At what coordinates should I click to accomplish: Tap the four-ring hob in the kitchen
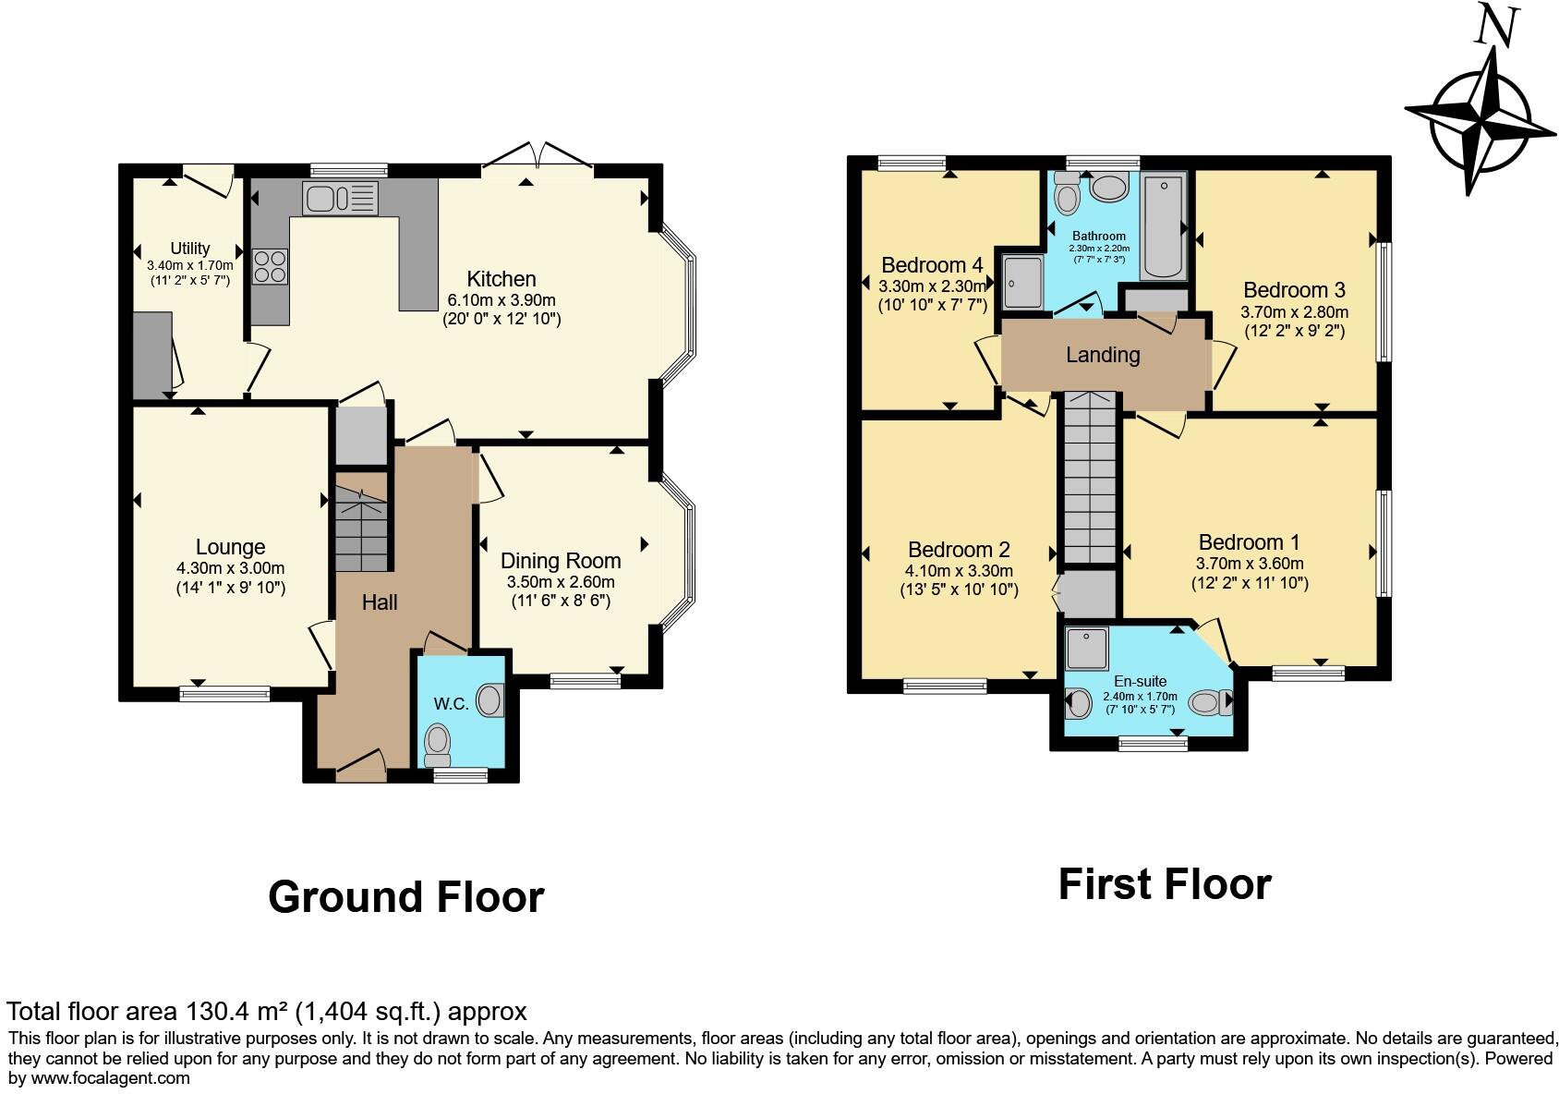270,266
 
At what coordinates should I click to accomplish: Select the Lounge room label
230,547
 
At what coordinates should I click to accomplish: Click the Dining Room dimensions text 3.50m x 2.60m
560,582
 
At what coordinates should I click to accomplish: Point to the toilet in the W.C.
437,742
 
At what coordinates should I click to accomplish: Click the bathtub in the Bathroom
1163,226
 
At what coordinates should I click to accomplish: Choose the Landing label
1103,355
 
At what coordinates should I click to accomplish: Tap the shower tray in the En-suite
1086,649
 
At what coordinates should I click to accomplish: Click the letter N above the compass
1495,25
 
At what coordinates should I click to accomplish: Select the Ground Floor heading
405,897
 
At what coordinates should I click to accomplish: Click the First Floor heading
1164,884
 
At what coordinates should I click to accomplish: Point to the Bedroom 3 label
1293,290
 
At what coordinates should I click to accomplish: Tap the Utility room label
189,249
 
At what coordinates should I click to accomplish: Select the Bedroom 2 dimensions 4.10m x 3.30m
959,571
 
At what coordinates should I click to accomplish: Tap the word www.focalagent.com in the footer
111,1078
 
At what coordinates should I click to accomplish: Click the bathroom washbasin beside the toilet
1108,188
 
